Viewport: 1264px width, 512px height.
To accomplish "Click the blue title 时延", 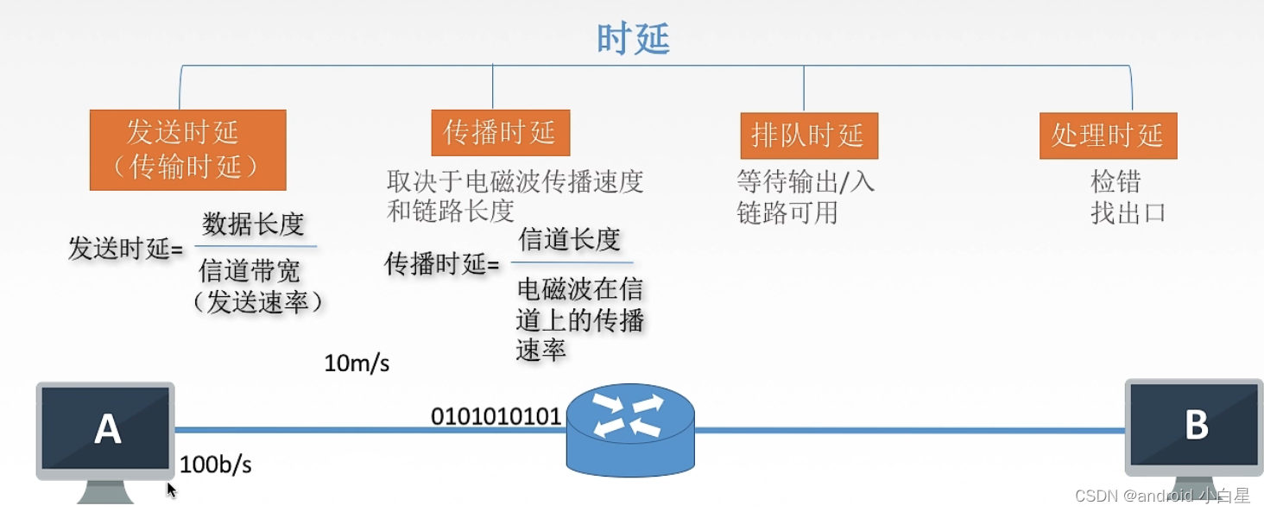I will coord(633,39).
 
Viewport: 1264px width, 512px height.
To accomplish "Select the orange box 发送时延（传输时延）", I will coord(187,149).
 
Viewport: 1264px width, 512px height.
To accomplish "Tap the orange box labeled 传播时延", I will coord(500,132).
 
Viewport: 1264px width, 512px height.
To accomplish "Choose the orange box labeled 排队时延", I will coord(808,136).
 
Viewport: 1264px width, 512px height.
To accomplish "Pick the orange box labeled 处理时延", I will coord(1108,136).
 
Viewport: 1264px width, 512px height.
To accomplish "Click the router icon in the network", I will coord(629,429).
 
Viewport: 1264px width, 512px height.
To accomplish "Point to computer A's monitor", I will coord(106,428).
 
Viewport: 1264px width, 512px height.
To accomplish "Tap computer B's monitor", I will coord(1195,426).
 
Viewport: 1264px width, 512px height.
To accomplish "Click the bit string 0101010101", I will coord(496,416).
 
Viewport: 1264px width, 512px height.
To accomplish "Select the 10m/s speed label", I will coord(357,363).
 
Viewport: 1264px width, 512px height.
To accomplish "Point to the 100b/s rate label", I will coord(216,465).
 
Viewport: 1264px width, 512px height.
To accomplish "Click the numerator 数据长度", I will coord(253,224).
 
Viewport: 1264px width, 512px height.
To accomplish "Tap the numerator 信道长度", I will coord(570,239).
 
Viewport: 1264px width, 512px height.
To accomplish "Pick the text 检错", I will coord(1115,181).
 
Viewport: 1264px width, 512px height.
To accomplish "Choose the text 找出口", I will coord(1128,212).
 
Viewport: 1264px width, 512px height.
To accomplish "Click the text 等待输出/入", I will coord(805,181).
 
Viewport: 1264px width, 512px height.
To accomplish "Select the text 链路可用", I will coord(787,212).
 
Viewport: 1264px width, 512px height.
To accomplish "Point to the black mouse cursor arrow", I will coord(171,490).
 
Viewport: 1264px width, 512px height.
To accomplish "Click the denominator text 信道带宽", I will coord(250,271).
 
